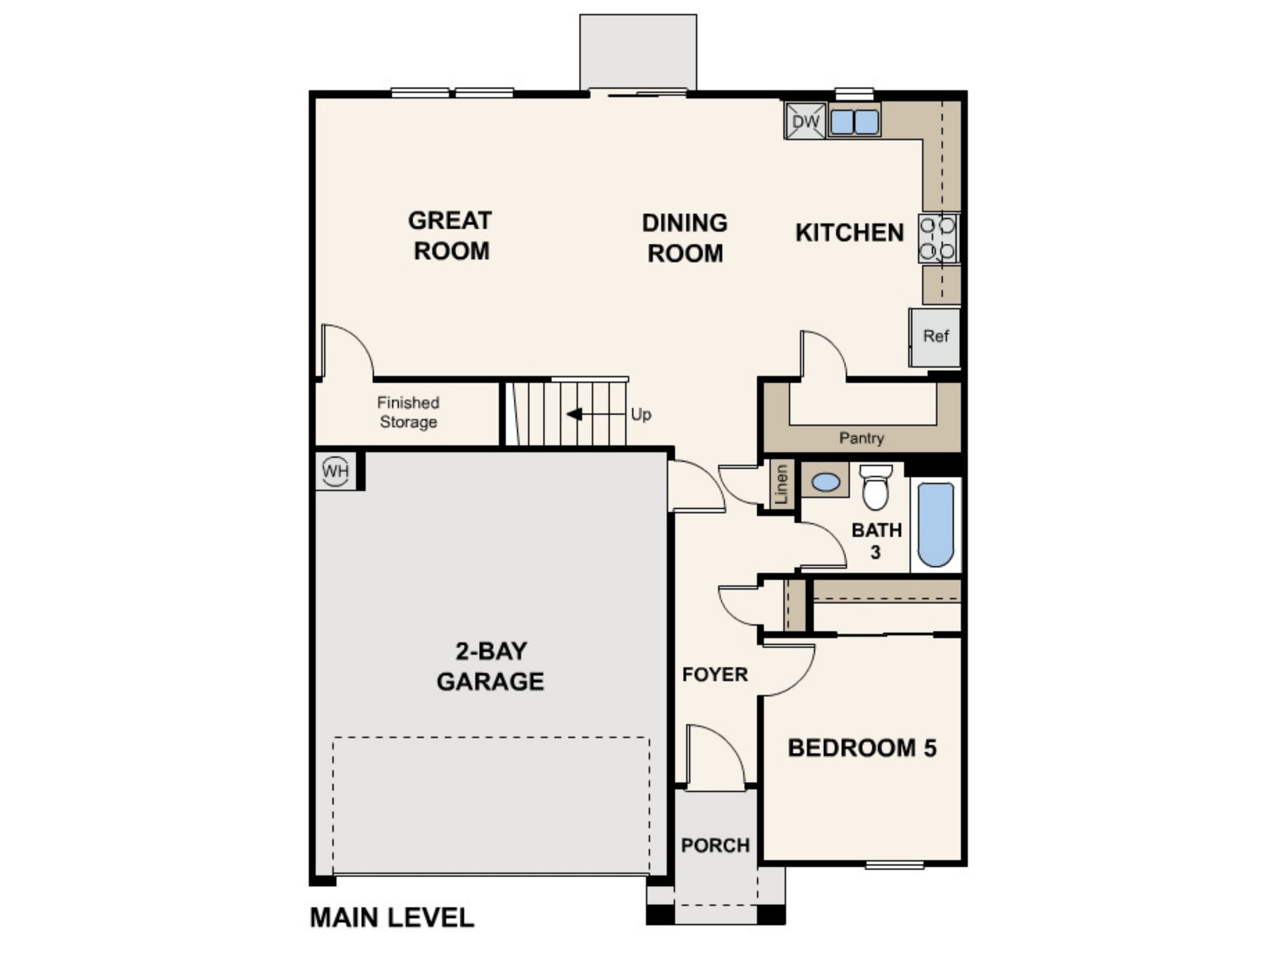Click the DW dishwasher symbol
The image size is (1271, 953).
tap(805, 121)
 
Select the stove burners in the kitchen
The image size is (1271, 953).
tap(938, 238)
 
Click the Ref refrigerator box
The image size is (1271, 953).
tap(935, 337)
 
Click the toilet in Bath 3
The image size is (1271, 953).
tap(876, 487)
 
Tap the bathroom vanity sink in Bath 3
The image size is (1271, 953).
tap(826, 481)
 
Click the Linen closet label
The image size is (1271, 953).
tap(781, 484)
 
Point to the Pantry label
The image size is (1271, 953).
tap(861, 438)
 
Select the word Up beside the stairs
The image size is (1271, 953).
tap(641, 414)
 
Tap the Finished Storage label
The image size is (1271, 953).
tap(408, 412)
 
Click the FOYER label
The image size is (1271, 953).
tap(715, 674)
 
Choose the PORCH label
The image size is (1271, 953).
tap(715, 845)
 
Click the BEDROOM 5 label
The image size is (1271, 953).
tap(862, 748)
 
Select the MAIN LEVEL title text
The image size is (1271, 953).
tap(392, 917)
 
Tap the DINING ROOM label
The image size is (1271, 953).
tap(685, 238)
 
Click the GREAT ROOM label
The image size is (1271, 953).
tap(451, 235)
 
